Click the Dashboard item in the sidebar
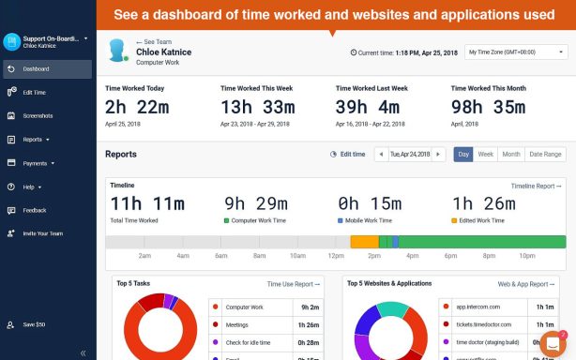(x=37, y=68)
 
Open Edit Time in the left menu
(x=34, y=92)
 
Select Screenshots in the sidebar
(x=38, y=116)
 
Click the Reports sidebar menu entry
(x=34, y=140)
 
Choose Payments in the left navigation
(x=36, y=163)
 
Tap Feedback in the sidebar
(x=35, y=210)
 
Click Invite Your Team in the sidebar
(x=42, y=233)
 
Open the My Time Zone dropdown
(x=516, y=52)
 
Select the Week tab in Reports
(x=485, y=154)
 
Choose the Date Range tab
(x=545, y=154)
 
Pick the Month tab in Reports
(x=510, y=154)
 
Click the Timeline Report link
(x=535, y=186)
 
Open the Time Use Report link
(x=293, y=283)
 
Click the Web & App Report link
(x=526, y=283)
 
